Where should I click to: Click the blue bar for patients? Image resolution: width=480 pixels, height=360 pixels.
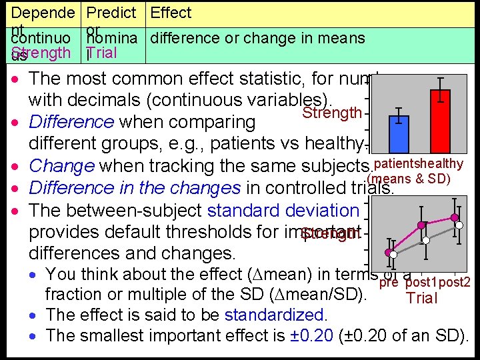click(399, 135)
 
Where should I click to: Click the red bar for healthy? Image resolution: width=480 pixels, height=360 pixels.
click(441, 125)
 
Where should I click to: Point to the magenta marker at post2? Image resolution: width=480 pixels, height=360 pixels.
click(455, 217)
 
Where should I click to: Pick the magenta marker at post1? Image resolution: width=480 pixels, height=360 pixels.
click(421, 225)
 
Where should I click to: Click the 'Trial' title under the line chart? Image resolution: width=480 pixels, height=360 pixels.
click(422, 299)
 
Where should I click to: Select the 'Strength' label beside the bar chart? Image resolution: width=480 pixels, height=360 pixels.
click(332, 113)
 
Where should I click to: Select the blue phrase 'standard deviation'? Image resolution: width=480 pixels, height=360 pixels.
click(283, 211)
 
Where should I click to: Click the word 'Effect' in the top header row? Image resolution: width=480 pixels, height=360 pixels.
click(171, 13)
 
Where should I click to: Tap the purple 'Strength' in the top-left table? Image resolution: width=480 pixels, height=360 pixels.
click(41, 53)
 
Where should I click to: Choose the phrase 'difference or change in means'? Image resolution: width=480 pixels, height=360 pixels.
click(257, 38)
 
